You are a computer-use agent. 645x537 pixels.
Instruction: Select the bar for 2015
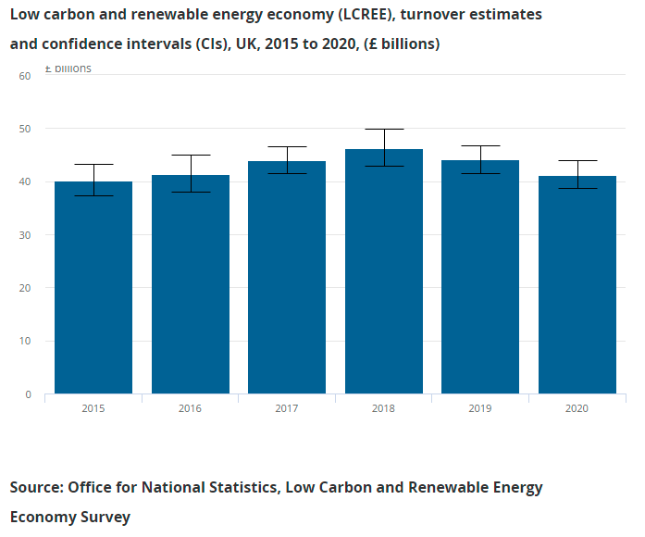pos(93,287)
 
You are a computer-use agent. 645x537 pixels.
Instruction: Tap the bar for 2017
pos(287,278)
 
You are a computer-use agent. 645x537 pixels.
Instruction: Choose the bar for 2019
pos(480,277)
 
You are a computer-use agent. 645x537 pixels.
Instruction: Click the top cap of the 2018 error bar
pos(384,129)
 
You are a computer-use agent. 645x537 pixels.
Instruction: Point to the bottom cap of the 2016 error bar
pos(191,192)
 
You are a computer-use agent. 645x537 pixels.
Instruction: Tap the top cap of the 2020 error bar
pos(577,160)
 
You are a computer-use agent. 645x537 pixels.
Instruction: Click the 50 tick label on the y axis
pos(26,129)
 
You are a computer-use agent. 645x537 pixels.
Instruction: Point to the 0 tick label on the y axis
pos(29,394)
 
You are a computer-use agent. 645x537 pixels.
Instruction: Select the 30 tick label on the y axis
pos(26,235)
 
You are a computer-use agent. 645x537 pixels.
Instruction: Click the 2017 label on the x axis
pos(287,407)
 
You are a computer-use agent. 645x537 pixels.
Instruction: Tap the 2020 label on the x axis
pos(577,407)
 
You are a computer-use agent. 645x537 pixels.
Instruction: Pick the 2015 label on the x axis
pos(93,407)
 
